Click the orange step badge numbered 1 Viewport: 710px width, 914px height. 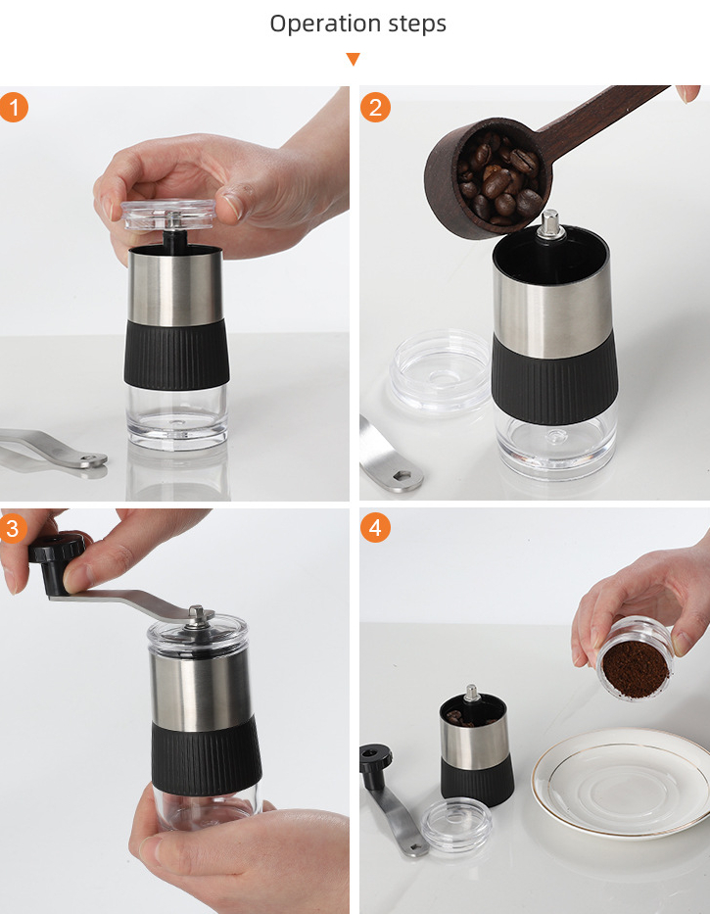click(14, 107)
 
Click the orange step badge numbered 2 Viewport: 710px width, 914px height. click(376, 107)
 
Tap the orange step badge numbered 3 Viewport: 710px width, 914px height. click(14, 529)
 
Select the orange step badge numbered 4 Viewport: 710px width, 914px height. click(376, 529)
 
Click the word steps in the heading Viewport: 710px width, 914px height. click(415, 24)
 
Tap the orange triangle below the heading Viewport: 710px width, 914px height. click(354, 60)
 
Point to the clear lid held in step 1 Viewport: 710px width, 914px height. click(169, 216)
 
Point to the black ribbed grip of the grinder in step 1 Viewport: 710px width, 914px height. click(177, 355)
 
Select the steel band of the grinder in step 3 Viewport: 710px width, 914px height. click(201, 686)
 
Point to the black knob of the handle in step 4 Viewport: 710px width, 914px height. click(375, 757)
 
